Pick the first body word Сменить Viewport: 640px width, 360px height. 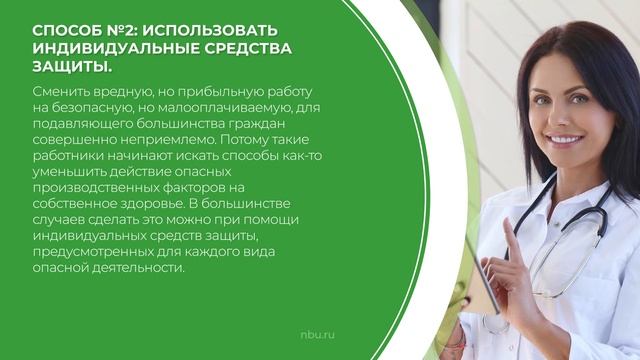pyautogui.click(x=56, y=91)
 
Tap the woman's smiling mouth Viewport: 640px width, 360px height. pyautogui.click(x=565, y=140)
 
